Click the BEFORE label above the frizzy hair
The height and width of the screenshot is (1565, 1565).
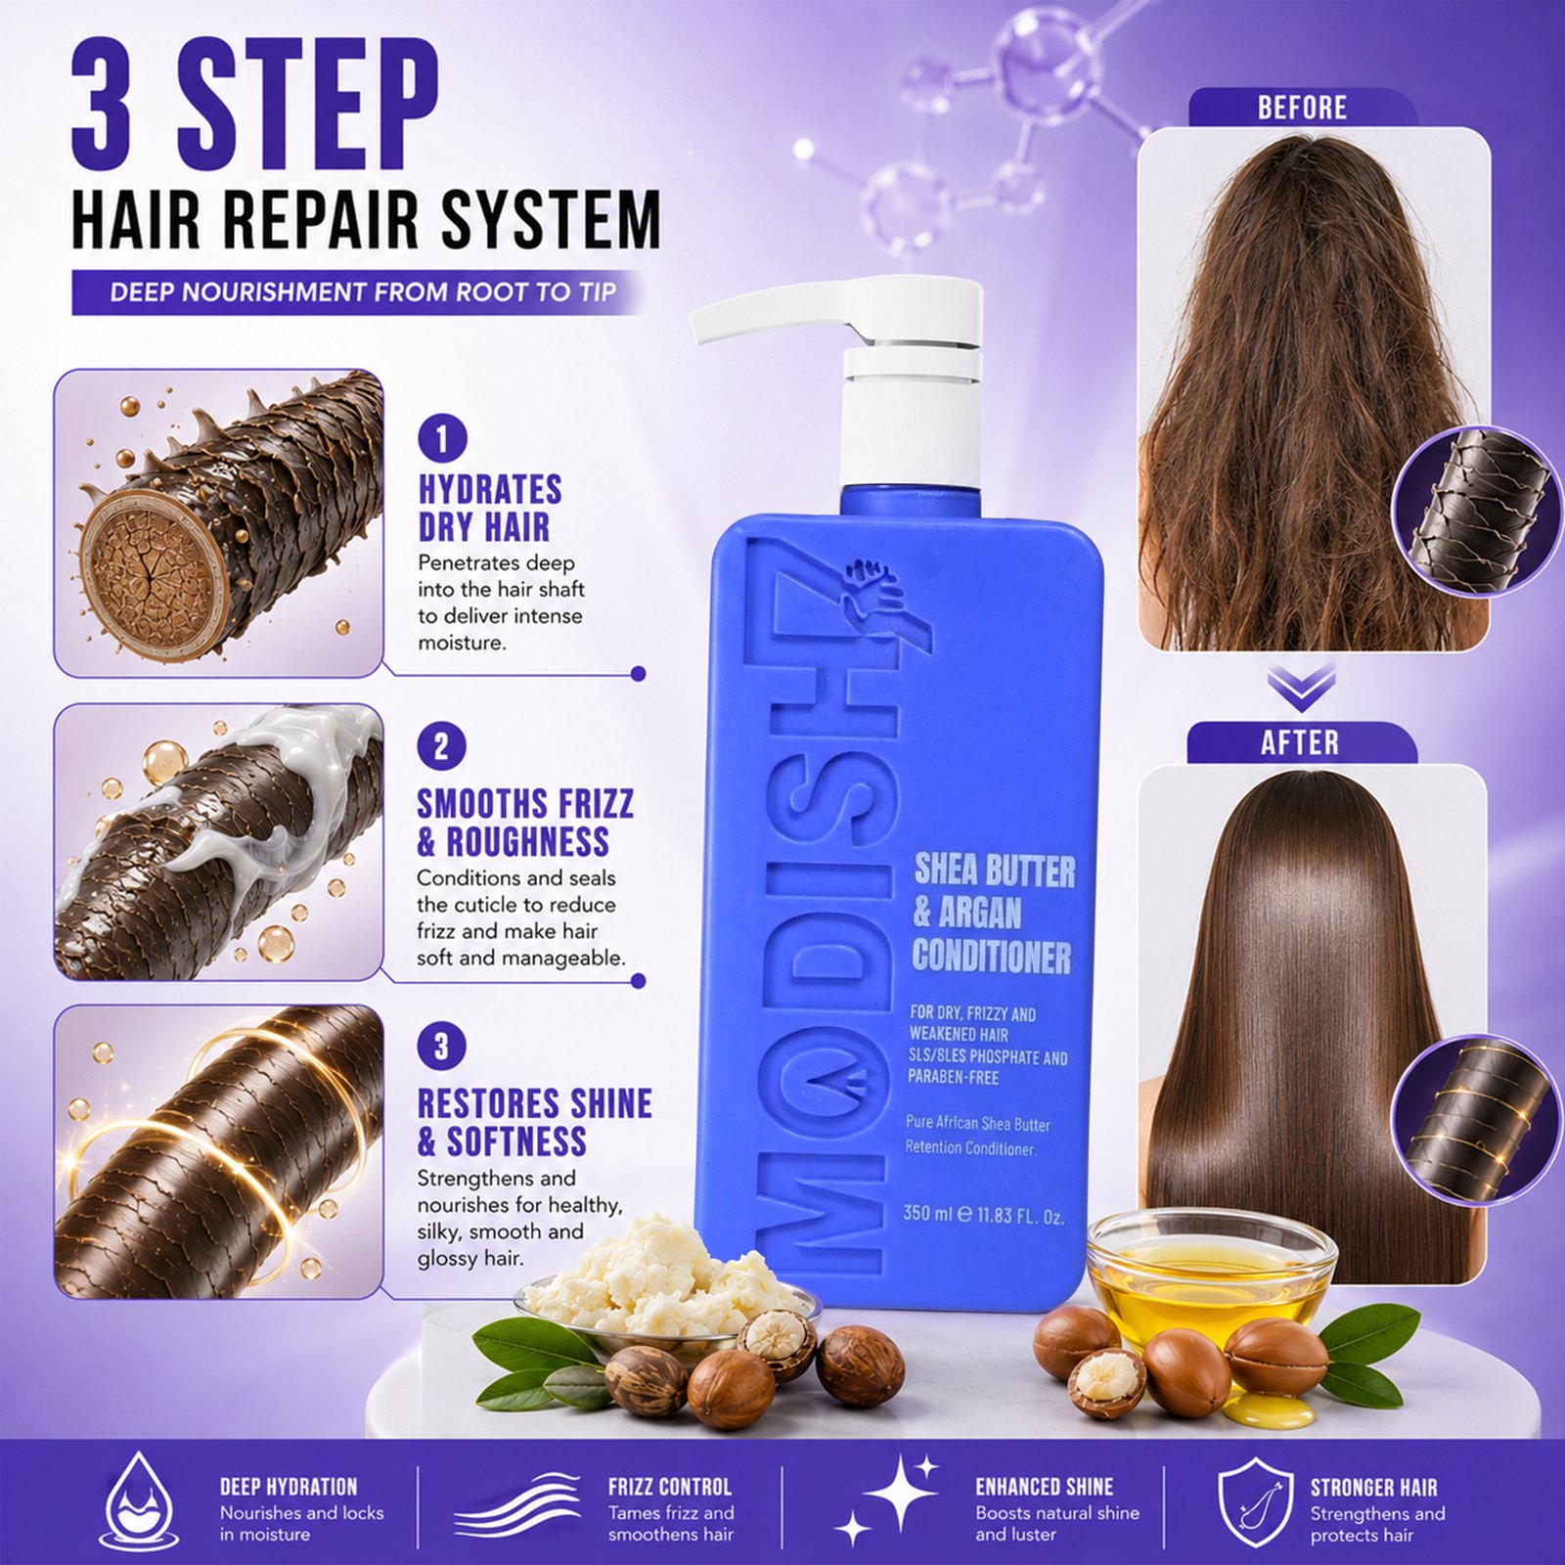pos(1302,108)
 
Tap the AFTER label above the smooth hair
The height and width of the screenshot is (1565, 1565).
pos(1300,743)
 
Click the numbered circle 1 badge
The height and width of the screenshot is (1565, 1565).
pos(442,439)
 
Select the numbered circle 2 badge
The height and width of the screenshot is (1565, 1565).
pos(441,747)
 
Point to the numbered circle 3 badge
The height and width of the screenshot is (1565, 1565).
pos(441,1048)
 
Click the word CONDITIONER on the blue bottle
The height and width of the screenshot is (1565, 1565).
pos(992,957)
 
